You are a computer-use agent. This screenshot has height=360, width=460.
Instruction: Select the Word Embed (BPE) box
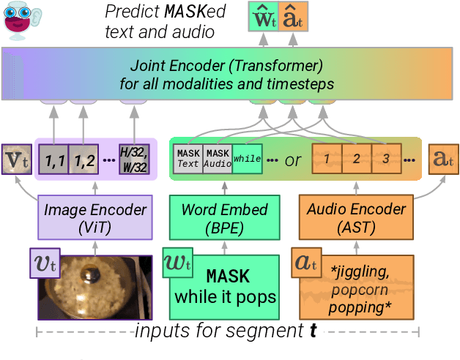tap(224, 217)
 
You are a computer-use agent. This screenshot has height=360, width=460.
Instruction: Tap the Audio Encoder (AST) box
tap(356, 217)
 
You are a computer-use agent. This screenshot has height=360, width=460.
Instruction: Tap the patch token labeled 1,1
tap(53, 159)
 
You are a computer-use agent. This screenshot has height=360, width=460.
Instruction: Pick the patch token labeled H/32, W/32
tap(135, 159)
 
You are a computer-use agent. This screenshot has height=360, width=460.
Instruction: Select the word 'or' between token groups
tap(293, 160)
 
